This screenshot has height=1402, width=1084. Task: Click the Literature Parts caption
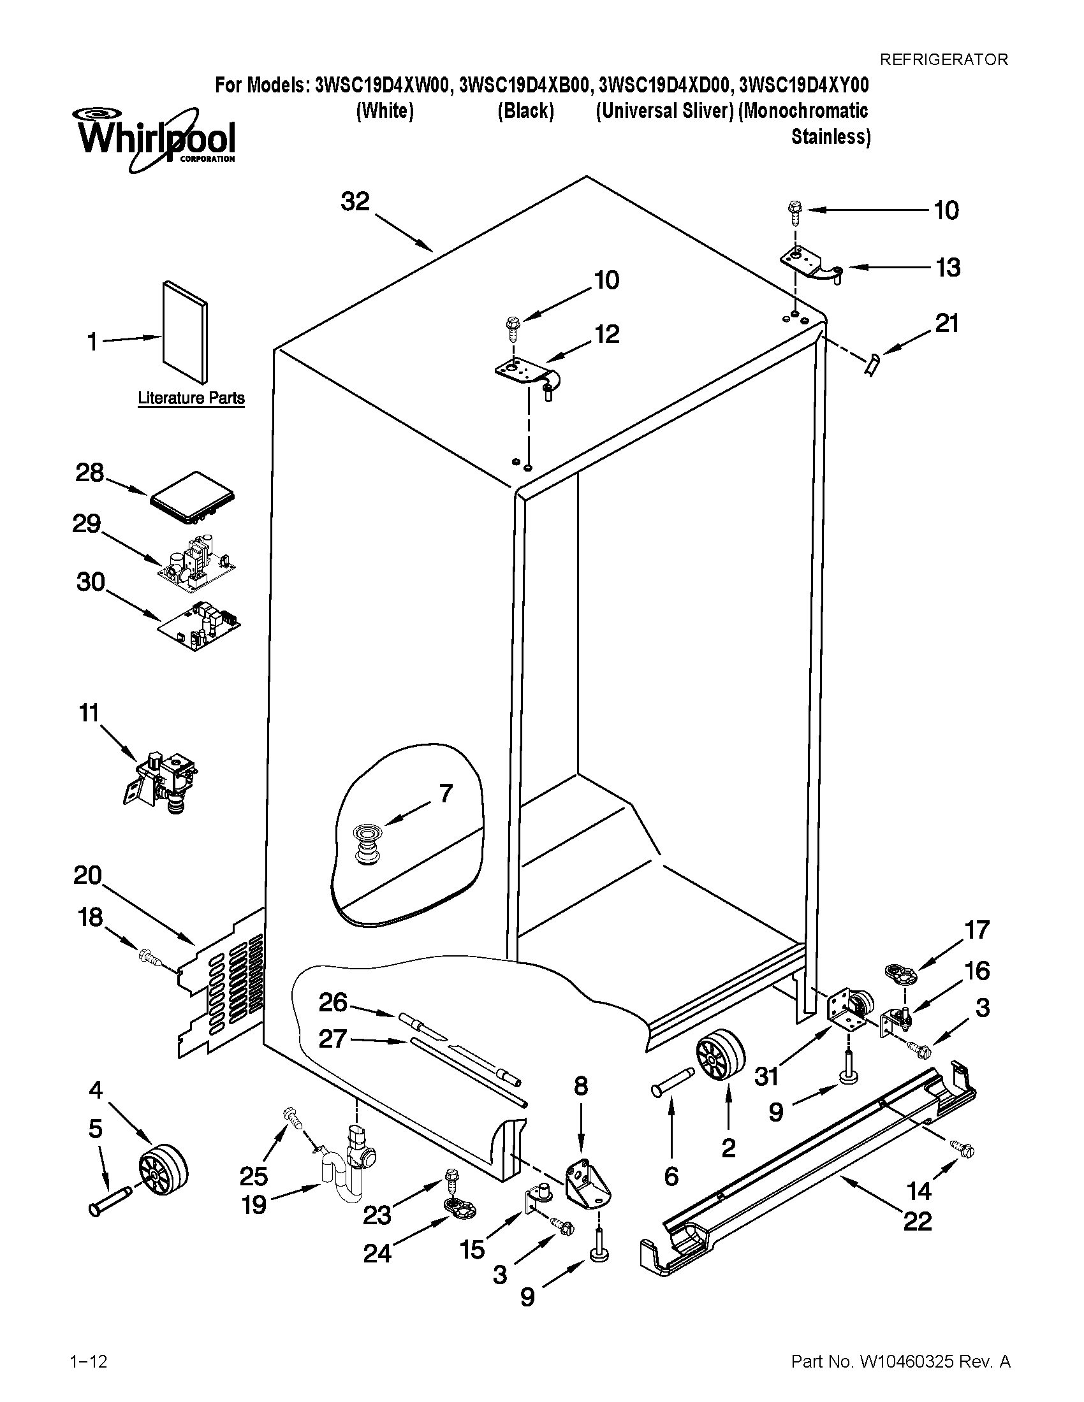pyautogui.click(x=191, y=398)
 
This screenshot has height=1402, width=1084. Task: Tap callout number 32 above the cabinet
pyautogui.click(x=355, y=201)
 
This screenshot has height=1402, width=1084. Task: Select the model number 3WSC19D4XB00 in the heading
pyautogui.click(x=524, y=86)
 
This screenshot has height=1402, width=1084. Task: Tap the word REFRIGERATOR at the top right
pyautogui.click(x=943, y=60)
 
